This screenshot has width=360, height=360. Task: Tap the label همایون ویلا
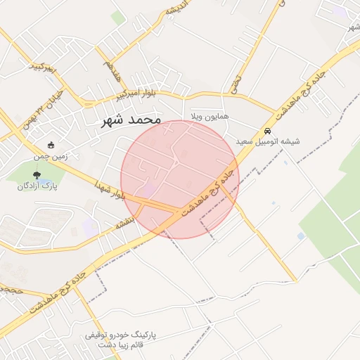click(209, 116)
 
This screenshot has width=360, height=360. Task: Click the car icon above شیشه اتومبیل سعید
click(267, 131)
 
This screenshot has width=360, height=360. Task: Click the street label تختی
click(235, 85)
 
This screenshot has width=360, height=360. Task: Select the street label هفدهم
click(111, 72)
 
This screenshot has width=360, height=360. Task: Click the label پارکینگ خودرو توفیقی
click(124, 335)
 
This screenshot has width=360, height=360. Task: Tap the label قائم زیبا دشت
click(124, 345)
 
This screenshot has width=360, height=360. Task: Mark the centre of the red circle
click(180, 179)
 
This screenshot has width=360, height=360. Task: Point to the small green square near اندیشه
click(118, 18)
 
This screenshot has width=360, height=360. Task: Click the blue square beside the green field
click(301, 236)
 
